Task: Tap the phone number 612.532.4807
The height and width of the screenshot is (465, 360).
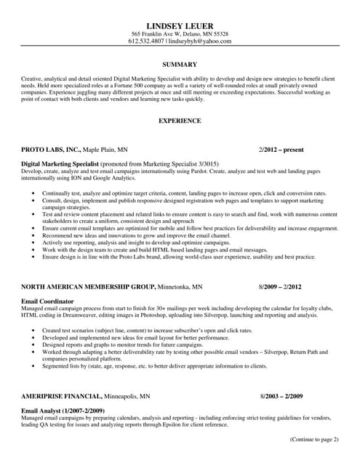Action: point(145,42)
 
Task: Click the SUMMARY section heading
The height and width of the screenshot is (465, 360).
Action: point(180,65)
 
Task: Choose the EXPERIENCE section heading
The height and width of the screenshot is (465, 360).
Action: point(180,121)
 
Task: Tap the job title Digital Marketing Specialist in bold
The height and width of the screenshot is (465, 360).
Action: point(60,164)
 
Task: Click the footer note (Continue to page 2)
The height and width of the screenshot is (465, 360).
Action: point(313,440)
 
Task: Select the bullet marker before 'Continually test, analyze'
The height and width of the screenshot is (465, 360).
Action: point(34,193)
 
